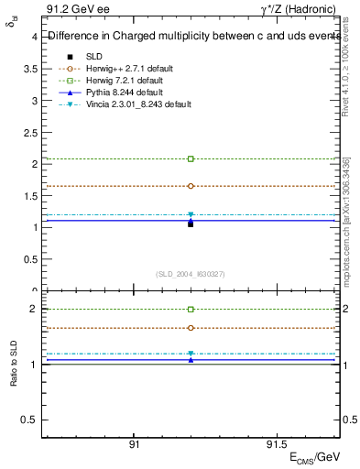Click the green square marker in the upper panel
click(x=191, y=158)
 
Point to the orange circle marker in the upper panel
click(x=191, y=186)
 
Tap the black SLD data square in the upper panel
click(x=191, y=224)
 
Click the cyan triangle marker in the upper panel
click(x=191, y=215)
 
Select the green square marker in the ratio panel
click(x=191, y=310)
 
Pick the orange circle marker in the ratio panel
click(x=191, y=328)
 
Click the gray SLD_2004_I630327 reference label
click(x=191, y=274)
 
